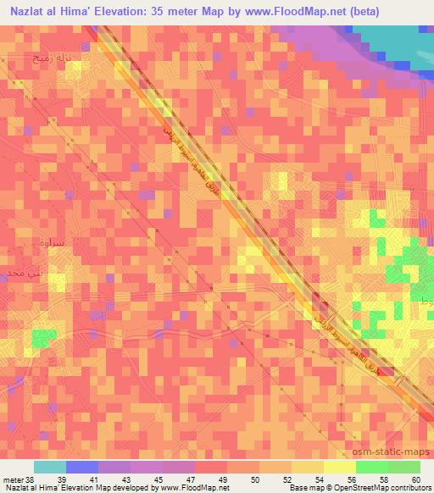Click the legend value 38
point(31,480)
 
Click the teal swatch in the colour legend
point(50,467)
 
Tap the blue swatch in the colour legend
point(82,467)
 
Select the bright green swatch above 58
point(372,467)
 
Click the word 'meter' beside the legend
point(11,480)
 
